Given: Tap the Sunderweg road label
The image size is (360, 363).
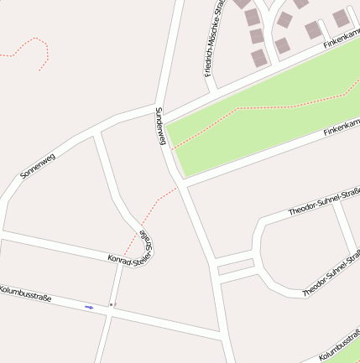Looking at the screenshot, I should (161, 127).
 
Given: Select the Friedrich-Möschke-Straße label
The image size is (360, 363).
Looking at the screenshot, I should (214, 38).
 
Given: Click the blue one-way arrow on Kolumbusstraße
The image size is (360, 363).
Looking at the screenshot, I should (89, 308).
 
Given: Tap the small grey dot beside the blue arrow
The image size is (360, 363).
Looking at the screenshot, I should (110, 305).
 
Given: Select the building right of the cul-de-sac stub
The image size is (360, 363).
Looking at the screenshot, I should (340, 18).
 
